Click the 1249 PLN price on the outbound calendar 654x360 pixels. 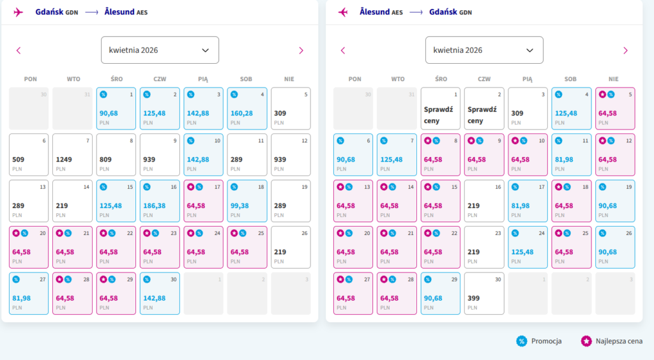72,155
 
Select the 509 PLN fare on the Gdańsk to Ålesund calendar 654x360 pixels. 29,155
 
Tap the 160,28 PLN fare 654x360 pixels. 247,109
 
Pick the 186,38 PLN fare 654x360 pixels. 160,201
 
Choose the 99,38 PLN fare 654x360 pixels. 247,201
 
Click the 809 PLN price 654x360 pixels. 116,155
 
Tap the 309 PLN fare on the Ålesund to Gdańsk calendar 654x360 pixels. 528,109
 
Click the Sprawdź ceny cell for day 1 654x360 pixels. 440,109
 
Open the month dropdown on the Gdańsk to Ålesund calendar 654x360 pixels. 160,50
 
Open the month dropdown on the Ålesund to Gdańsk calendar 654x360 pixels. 484,50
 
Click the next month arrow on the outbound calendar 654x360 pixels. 301,50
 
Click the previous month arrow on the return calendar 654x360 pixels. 343,50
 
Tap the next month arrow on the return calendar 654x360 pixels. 625,50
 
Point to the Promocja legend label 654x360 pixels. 546,341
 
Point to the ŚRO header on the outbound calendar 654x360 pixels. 116,79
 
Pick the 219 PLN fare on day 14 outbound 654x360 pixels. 72,201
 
